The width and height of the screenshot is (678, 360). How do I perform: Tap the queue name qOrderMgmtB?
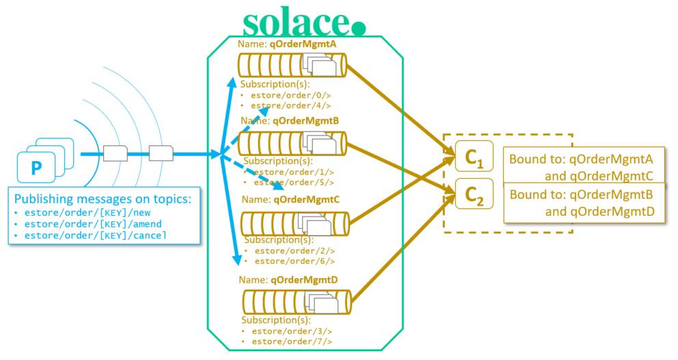tap(306, 122)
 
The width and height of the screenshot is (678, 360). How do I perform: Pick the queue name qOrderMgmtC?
tap(306, 200)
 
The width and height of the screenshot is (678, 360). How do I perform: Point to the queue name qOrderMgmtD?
tap(304, 279)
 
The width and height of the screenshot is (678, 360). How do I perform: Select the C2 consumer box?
tap(474, 195)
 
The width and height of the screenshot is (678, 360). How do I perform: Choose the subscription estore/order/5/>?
tap(293, 182)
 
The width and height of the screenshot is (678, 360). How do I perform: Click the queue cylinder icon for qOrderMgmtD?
tap(296, 301)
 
